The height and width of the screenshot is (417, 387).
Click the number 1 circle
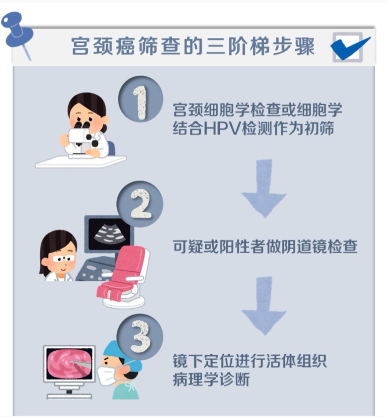point(140,99)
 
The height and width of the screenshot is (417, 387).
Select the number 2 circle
point(140,204)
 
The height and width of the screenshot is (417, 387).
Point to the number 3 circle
point(140,337)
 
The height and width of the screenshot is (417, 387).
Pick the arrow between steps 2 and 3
point(264,306)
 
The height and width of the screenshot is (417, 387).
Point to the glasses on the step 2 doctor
point(64,258)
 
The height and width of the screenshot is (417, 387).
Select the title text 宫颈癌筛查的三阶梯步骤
point(193,46)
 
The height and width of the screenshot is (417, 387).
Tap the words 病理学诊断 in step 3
point(211,379)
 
